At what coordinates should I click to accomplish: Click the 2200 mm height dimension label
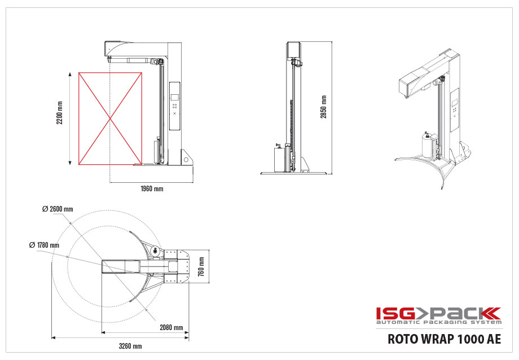click(60, 113)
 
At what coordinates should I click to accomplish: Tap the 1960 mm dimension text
click(152, 189)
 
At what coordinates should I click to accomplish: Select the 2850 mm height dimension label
click(323, 107)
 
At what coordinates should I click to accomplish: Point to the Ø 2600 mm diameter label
click(58, 209)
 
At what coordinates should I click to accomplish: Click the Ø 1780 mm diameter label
click(44, 245)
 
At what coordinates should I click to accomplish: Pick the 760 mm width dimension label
click(201, 266)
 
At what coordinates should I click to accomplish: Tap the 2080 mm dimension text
click(171, 327)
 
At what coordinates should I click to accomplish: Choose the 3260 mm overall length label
click(130, 346)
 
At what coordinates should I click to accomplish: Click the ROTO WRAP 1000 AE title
click(444, 339)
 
